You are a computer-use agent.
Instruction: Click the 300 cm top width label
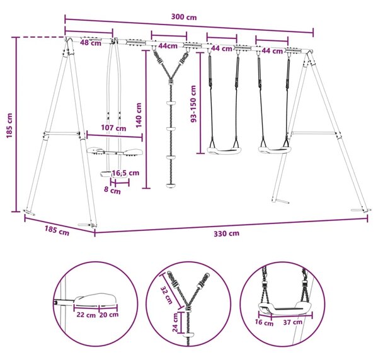184,17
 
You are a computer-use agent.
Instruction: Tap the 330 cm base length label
226,233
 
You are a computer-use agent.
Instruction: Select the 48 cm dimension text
91,43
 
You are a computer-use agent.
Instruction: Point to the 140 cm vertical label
139,115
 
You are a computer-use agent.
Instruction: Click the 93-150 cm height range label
193,104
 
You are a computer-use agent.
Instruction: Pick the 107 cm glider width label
113,128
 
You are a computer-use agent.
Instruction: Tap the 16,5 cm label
125,172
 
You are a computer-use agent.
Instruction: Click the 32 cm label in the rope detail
166,295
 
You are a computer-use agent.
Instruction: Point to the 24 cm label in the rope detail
175,323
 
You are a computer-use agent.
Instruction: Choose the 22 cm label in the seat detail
86,315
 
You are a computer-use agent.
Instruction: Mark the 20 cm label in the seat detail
109,315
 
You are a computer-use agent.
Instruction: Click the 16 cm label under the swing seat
264,323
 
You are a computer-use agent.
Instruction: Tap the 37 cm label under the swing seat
293,322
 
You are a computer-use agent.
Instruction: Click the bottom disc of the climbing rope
171,186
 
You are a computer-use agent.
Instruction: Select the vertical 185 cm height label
9,125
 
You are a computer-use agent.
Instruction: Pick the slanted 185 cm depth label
57,230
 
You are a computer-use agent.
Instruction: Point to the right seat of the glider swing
132,152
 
